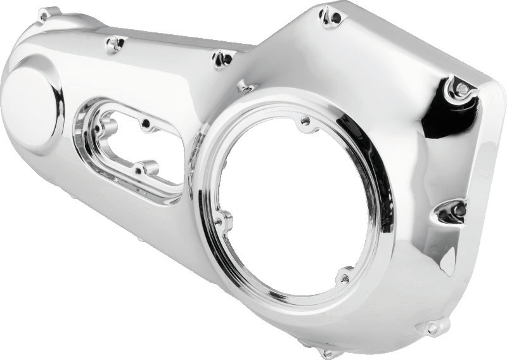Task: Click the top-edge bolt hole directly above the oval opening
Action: [x=116, y=43]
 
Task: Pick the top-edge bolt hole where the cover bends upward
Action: [x=221, y=58]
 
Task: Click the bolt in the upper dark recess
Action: [x=462, y=88]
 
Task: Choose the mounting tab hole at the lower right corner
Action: [x=432, y=328]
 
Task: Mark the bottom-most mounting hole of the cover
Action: [x=328, y=352]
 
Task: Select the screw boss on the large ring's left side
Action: [x=222, y=222]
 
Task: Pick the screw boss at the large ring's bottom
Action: [x=344, y=277]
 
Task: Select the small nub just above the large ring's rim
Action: [x=244, y=86]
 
